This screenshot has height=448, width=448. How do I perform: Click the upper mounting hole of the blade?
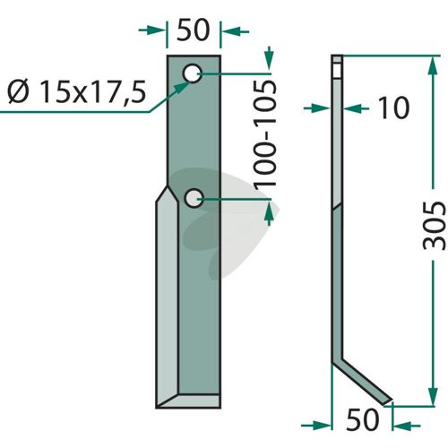[x=193, y=73]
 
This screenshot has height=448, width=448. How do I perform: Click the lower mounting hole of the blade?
[x=194, y=198]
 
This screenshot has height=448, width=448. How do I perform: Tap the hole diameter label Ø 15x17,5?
[x=77, y=92]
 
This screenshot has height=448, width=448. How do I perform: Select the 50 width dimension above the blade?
[x=193, y=30]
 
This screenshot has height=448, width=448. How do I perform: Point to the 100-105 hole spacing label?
[x=264, y=134]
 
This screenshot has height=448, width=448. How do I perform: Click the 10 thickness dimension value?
[x=393, y=108]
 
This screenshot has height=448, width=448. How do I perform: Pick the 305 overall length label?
[x=435, y=225]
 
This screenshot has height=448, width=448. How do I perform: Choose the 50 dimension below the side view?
[x=362, y=419]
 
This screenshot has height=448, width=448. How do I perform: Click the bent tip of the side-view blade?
[x=387, y=401]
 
